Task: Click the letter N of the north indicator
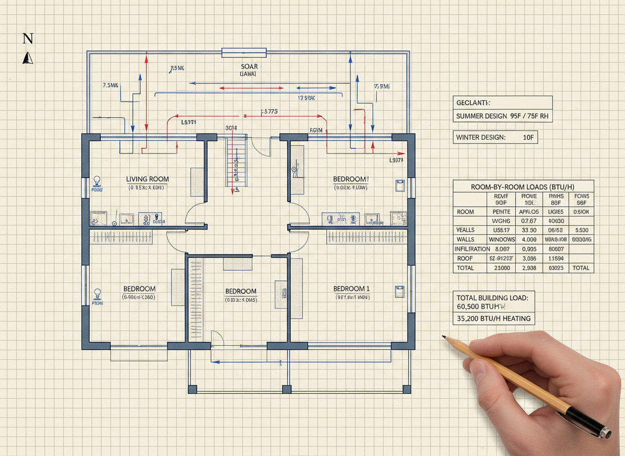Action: click(x=29, y=38)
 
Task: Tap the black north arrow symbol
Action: click(x=28, y=58)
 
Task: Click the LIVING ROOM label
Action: click(x=148, y=179)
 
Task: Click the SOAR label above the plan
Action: click(x=249, y=66)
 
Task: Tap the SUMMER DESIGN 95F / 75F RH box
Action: click(x=503, y=116)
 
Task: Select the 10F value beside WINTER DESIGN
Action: click(x=528, y=137)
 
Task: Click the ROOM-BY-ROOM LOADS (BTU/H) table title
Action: click(x=523, y=186)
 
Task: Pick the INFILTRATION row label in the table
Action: click(x=472, y=249)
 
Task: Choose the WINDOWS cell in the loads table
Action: click(x=501, y=240)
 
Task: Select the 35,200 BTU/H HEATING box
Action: click(x=494, y=318)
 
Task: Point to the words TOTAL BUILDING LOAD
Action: click(x=492, y=298)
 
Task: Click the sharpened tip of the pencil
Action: click(x=443, y=336)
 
